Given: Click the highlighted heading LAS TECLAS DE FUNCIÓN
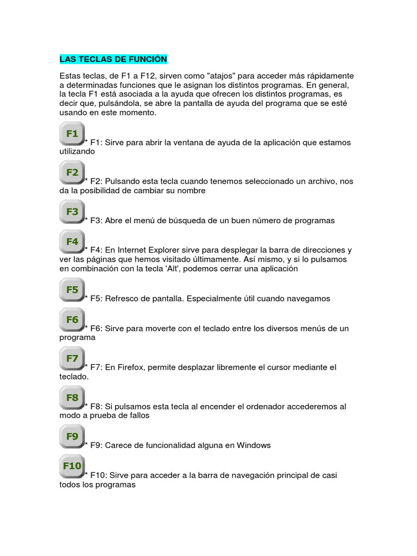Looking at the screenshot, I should tap(113, 59).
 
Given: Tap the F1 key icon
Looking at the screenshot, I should tap(72, 134).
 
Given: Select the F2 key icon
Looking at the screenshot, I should tap(72, 173).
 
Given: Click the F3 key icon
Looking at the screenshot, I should tap(72, 212).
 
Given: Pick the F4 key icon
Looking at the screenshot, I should tap(72, 242).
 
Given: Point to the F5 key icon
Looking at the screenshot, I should tap(72, 290).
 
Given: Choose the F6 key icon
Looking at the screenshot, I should tap(72, 320).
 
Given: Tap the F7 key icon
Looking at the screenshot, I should tap(72, 358).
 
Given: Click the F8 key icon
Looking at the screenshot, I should tap(72, 397).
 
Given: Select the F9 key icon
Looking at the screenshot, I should tap(72, 437).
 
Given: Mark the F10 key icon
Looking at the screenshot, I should tap(72, 466).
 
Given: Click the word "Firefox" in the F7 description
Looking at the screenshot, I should tap(131, 368).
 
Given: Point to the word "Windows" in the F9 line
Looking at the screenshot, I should tap(254, 445).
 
